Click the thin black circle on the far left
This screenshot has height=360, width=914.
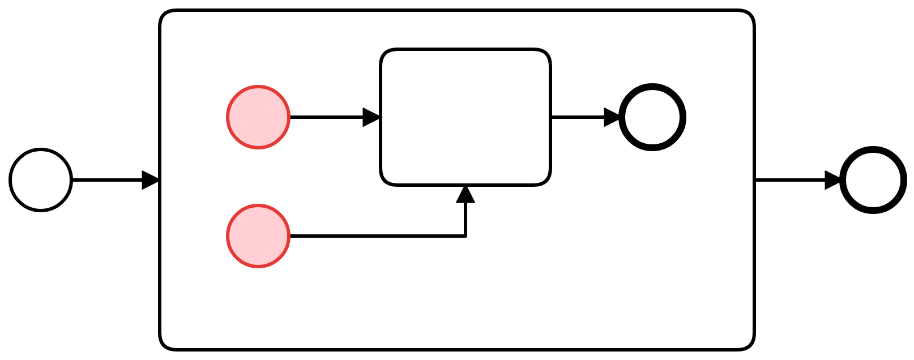point(41,180)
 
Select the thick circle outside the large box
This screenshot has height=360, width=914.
point(873,180)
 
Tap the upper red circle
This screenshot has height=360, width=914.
point(258,117)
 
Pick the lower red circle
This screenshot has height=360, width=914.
point(258,236)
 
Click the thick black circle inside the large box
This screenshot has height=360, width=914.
point(652,117)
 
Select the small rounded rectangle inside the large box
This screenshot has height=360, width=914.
point(465,117)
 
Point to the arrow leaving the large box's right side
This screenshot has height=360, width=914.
point(793,180)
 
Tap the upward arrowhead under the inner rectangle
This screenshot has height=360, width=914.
point(465,194)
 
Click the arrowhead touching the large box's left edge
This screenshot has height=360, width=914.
point(151,180)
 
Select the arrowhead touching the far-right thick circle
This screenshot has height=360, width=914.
point(833,180)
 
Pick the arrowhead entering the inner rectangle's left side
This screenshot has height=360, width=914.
point(371,117)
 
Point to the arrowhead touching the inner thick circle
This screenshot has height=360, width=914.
point(613,117)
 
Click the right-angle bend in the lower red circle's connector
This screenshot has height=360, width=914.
point(465,236)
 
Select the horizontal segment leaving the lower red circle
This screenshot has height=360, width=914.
point(374,236)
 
